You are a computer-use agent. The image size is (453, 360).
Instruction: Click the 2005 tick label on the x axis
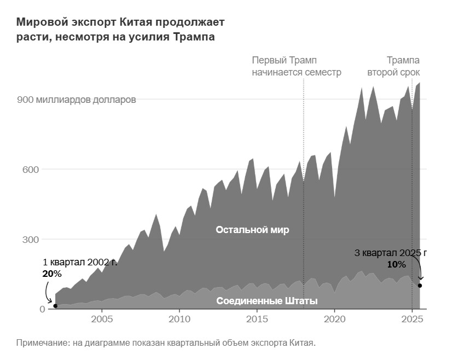[x=102, y=319]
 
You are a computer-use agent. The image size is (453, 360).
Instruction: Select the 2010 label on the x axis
[x=179, y=319]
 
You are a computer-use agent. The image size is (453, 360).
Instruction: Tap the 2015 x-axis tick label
[x=257, y=319]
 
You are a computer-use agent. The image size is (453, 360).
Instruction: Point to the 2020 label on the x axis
[x=334, y=319]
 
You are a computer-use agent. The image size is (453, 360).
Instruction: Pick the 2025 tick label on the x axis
[x=411, y=319]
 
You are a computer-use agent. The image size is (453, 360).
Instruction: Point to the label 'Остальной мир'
[x=252, y=230]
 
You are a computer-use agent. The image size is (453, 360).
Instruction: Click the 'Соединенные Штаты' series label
[x=267, y=301]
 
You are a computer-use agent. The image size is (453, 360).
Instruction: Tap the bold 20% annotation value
[x=52, y=274]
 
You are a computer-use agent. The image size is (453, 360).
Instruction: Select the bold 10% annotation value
[x=396, y=265]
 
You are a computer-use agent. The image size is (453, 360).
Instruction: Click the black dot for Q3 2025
[x=420, y=286]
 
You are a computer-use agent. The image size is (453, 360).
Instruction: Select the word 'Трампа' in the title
[x=194, y=37]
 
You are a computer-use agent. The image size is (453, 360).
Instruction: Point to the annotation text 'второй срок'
[x=393, y=72]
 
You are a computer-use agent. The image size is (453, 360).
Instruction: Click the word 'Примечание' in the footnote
[x=41, y=343]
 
